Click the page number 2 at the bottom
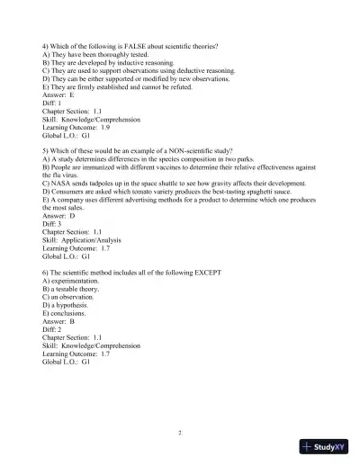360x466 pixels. tap(180, 432)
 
